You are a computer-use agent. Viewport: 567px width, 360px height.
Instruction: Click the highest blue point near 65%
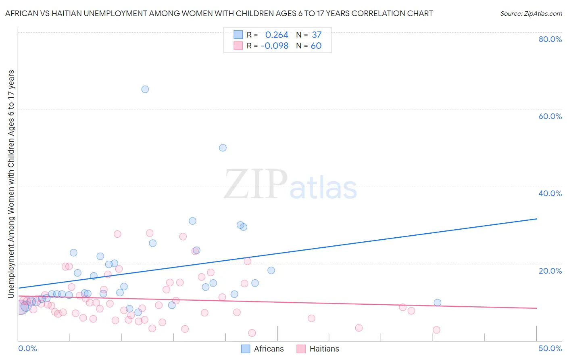(145, 89)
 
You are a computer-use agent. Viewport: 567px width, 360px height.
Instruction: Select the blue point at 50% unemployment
(223, 148)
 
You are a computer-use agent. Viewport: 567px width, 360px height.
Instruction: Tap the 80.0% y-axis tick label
(550, 39)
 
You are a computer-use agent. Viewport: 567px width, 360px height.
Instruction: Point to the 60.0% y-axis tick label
(550, 116)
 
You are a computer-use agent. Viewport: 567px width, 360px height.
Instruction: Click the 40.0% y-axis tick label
(550, 193)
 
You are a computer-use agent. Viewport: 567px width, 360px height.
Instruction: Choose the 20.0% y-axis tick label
(550, 270)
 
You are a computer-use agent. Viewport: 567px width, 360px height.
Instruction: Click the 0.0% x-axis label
(27, 348)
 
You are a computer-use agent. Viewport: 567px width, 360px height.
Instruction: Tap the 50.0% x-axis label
(550, 348)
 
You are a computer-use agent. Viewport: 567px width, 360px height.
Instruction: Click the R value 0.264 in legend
(277, 35)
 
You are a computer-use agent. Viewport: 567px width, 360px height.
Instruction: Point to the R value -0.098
(275, 46)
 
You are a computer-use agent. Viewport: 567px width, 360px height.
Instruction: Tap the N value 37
(317, 35)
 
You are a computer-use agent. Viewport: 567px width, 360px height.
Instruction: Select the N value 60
(316, 46)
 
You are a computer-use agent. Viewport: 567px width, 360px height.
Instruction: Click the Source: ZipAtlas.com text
(531, 14)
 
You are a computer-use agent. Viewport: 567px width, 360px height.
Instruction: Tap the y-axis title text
(11, 184)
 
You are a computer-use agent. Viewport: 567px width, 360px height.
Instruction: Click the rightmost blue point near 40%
(437, 303)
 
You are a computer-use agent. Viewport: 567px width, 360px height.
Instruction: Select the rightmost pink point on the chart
(436, 330)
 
